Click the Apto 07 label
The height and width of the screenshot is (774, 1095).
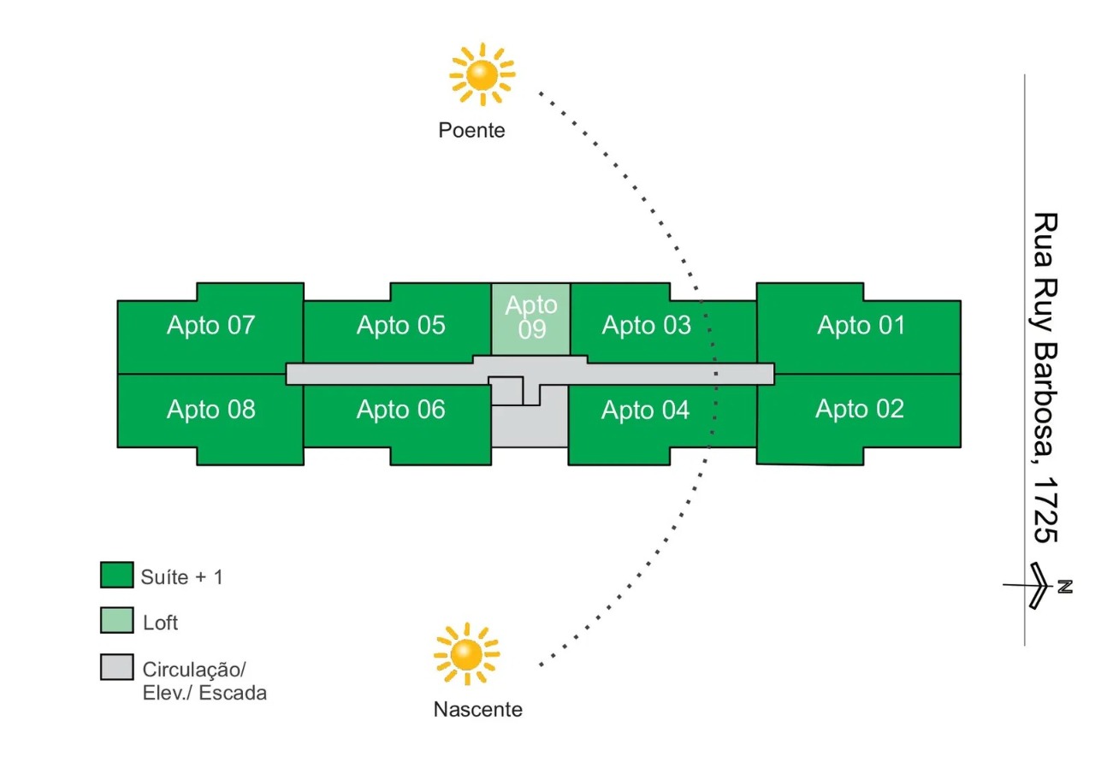pos(210,326)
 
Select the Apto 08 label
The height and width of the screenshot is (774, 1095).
pos(210,410)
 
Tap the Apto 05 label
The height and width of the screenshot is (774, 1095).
pos(400,326)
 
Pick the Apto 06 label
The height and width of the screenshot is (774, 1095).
pos(400,410)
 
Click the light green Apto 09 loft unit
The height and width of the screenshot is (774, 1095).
pos(530,318)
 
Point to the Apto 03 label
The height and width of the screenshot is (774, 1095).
pos(646,326)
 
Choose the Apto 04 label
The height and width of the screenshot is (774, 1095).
pos(645,411)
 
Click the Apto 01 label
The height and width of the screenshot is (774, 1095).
pos(861,326)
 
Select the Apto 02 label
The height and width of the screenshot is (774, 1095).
pos(859,409)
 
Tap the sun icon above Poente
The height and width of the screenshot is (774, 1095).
pos(482,74)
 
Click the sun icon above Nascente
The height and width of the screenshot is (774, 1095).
pos(466,654)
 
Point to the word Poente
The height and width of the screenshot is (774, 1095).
pos(471,131)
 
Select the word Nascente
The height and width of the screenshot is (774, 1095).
pos(477,710)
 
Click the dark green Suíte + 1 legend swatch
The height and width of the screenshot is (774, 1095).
pos(116,576)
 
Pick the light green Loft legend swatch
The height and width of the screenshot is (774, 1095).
pos(116,621)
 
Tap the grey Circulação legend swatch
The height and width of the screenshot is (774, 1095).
pos(116,667)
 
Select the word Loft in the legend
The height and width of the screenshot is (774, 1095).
pos(160,623)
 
